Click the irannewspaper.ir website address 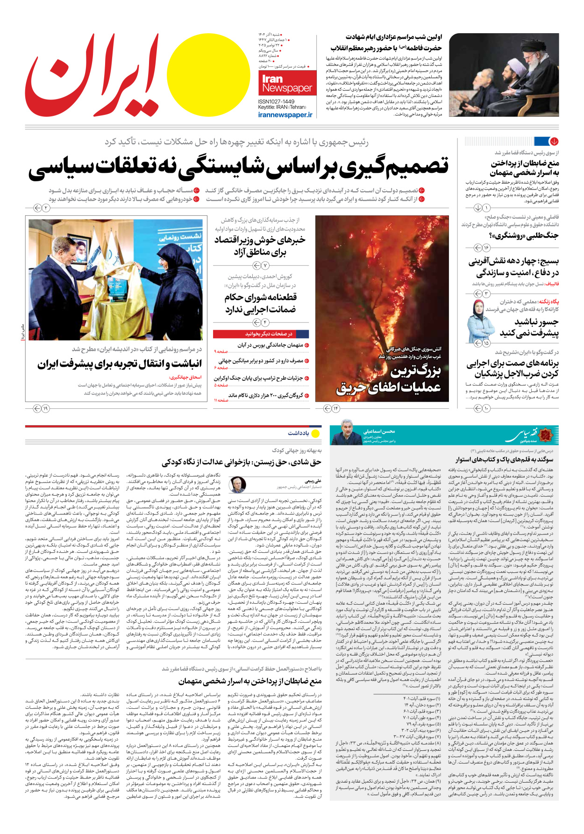(285, 115)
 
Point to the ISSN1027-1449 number (276, 101)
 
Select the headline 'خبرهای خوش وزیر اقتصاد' (260, 246)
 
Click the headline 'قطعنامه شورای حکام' (260, 303)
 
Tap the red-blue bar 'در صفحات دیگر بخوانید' (261, 334)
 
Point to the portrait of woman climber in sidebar (481, 321)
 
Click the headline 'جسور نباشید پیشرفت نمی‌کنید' (529, 327)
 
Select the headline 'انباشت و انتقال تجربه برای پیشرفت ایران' (120, 364)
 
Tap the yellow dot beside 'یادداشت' (316, 433)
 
